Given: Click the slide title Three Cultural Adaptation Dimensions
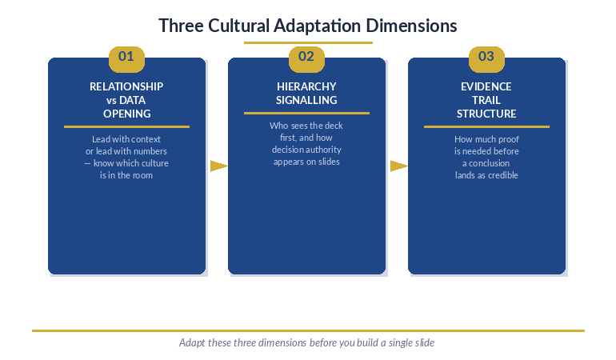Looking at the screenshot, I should point(308,26).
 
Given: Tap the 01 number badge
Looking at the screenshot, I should point(126,57).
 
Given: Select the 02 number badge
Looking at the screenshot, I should point(306,57).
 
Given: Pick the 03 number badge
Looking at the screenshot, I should point(486,57).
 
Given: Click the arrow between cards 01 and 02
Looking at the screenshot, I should point(218,166).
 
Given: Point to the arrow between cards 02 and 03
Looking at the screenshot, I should point(398,166).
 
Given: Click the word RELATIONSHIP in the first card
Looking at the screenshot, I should point(126,86).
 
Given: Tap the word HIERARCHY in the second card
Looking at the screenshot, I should point(306,86).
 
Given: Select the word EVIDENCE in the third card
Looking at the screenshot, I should point(486,86).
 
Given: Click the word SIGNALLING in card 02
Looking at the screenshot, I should point(306,100).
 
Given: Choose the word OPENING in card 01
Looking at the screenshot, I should point(126,114).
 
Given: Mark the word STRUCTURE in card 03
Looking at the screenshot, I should point(486,114).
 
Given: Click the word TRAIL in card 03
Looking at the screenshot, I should point(486,100).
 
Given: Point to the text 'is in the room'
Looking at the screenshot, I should point(126,175).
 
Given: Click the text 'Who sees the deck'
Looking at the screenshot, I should point(306,126).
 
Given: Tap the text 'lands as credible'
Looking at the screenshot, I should point(486,175).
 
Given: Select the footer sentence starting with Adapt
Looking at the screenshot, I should point(307,342).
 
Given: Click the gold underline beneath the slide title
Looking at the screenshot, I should point(308,42).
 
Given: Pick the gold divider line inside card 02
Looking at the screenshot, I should point(306,113).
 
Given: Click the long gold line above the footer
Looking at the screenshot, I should point(308,330).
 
